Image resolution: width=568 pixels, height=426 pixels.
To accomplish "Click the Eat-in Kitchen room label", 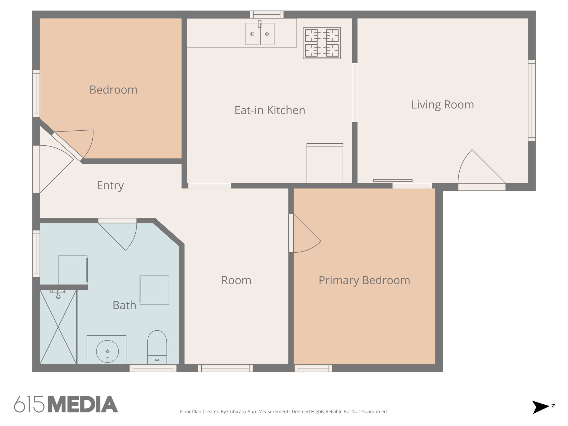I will click(x=270, y=110).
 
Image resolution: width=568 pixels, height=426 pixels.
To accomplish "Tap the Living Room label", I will click(x=442, y=105).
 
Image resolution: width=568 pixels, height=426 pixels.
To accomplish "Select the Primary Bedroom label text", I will click(x=364, y=280).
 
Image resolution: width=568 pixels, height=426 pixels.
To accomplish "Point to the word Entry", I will click(x=110, y=185).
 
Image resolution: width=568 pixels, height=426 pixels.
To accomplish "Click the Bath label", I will click(x=124, y=305).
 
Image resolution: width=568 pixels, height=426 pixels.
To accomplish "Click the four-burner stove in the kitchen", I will click(x=322, y=43).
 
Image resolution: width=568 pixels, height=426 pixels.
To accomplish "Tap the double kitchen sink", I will click(x=260, y=34).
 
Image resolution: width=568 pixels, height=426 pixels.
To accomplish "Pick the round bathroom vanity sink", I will click(x=107, y=351).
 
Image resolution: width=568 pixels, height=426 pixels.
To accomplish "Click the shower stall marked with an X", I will click(x=58, y=327).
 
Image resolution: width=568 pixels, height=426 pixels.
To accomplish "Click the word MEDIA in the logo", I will click(x=83, y=404).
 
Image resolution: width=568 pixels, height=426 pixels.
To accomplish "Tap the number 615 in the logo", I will click(x=29, y=404).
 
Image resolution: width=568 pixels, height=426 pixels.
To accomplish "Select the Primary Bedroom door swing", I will click(x=305, y=236).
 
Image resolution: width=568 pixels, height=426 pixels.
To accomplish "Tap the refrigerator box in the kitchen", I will click(x=325, y=164).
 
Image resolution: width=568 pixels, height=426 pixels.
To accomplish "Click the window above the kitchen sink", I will click(x=267, y=14).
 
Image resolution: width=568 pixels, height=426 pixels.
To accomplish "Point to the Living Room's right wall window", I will click(x=531, y=100).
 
